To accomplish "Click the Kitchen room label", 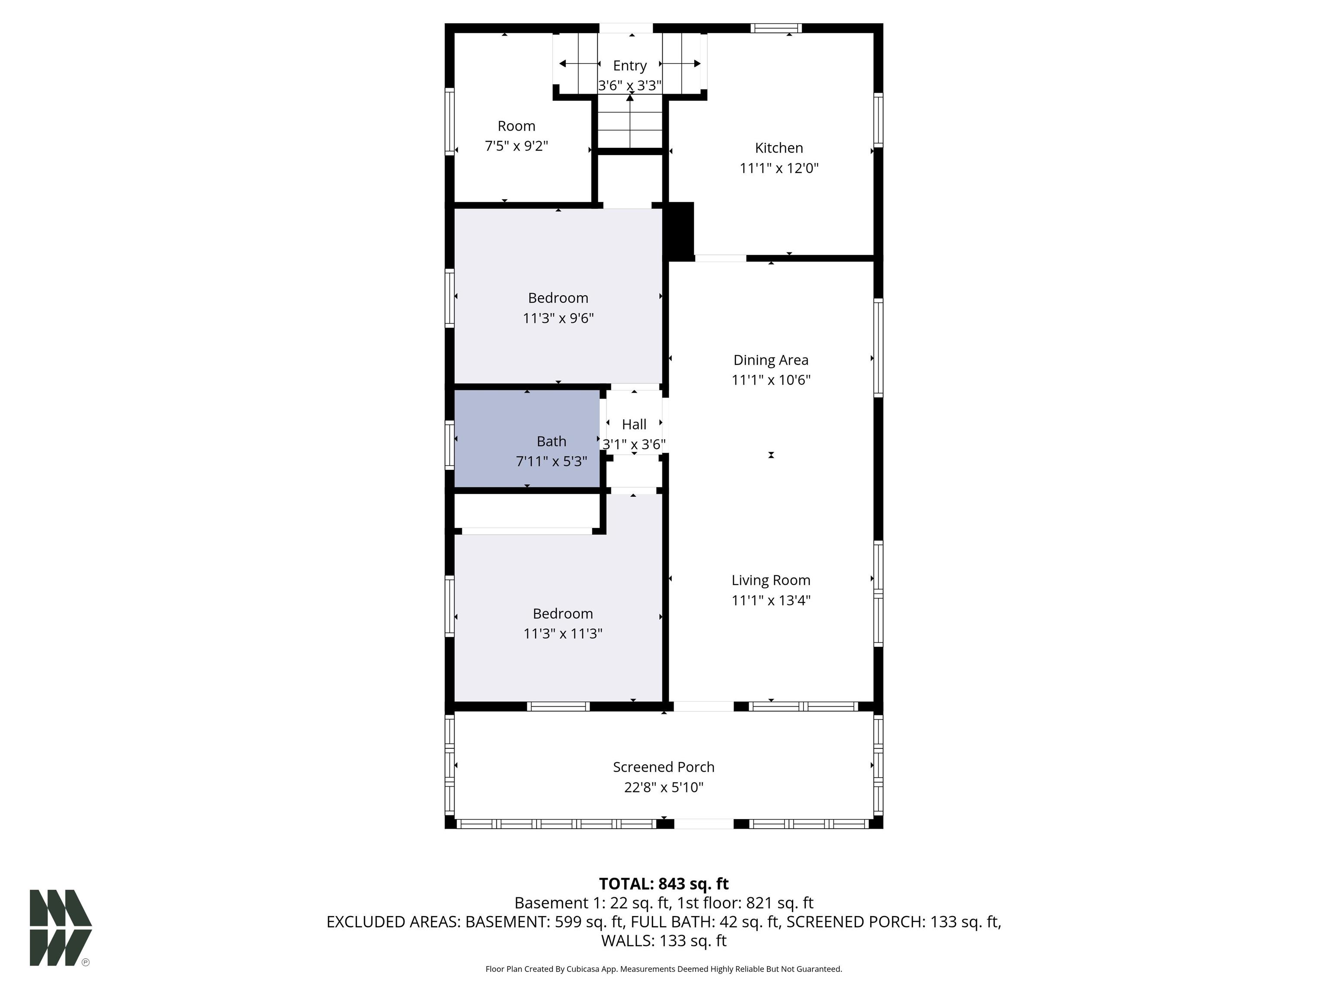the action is [779, 148].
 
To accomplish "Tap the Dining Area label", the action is [771, 360].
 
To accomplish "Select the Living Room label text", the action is [771, 581].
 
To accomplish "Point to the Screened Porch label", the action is [664, 767].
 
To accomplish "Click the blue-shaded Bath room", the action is [527, 438].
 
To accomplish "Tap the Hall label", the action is [634, 425].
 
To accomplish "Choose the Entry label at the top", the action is [630, 65].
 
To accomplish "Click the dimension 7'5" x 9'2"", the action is [516, 146].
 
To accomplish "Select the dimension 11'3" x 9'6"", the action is [559, 318].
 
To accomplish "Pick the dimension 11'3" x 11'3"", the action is [562, 633].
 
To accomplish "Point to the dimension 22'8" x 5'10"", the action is [664, 787].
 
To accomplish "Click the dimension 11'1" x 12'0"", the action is [779, 168].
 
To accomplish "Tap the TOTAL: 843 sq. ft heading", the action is [664, 884].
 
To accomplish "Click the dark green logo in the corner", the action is [61, 928].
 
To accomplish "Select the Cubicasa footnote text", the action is [664, 969].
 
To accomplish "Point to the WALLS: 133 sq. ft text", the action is [664, 941].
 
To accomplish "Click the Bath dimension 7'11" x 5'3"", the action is [551, 462].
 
